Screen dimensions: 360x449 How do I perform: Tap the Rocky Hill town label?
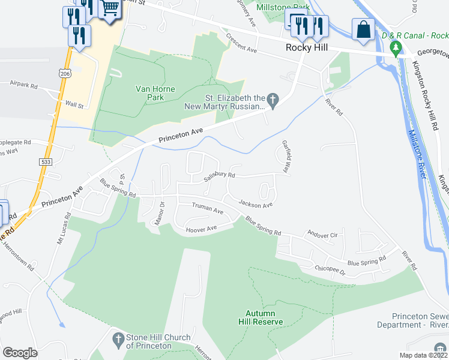pos(306,47)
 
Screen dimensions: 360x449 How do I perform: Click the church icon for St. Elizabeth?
pos(273,101)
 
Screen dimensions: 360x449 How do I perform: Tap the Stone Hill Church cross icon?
pos(118,341)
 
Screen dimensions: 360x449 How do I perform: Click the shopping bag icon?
pos(364,30)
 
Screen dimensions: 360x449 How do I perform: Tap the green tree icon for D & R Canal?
pos(395,47)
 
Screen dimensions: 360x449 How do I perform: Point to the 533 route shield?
pos(46,162)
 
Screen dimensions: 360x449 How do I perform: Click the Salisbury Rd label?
pos(219,176)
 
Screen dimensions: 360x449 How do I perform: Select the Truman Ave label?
pos(207,209)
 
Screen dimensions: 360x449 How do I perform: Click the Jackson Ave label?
pos(256,204)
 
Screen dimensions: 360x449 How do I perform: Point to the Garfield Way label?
pos(286,157)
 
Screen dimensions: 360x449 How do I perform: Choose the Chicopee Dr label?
pos(330,271)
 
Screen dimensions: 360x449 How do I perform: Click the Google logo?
pos(20,352)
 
